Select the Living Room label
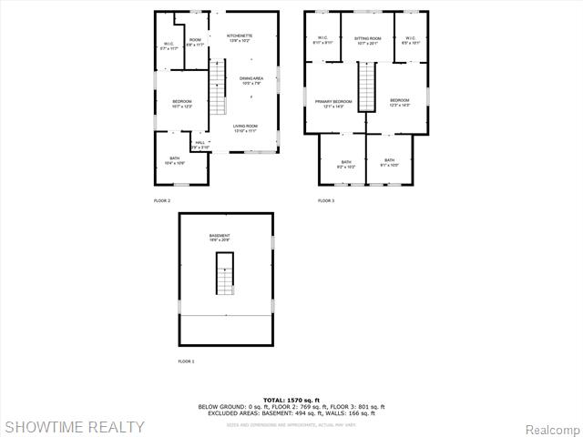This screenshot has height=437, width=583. point(245,127)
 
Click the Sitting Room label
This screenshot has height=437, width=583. point(367,40)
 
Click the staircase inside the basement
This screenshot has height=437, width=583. point(225,274)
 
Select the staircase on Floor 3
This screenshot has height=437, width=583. point(366,87)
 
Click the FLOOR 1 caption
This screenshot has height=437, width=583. point(186,361)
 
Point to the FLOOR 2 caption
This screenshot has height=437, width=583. point(162,200)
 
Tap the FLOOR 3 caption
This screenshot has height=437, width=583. point(326,200)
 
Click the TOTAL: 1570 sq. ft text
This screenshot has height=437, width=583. point(291,401)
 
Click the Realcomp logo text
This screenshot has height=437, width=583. point(553,428)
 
